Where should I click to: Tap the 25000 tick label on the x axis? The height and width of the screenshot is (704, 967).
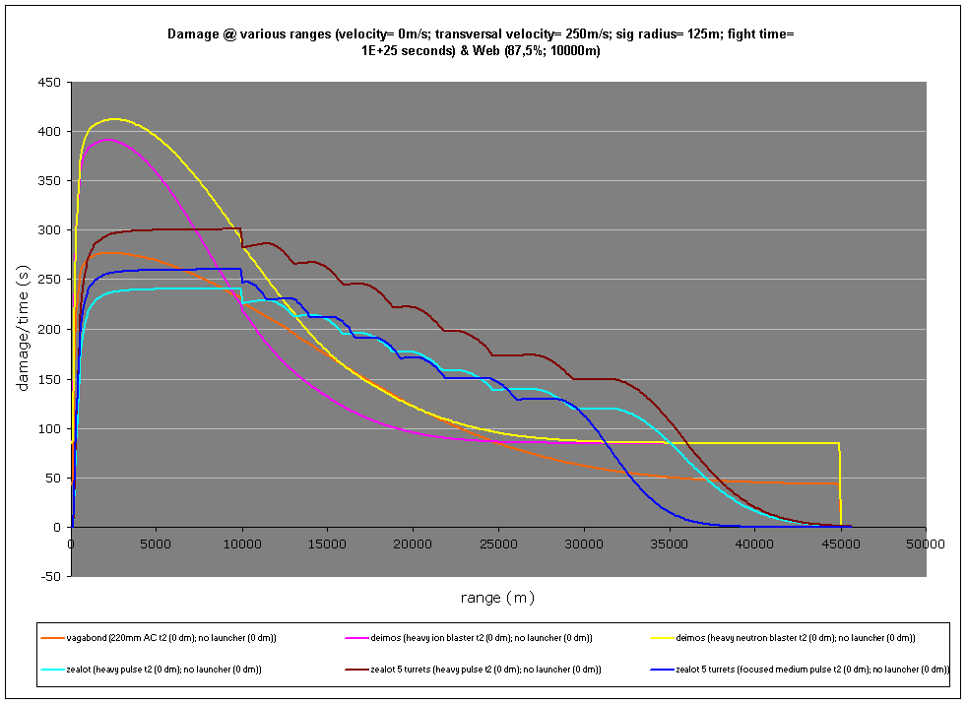tap(498, 544)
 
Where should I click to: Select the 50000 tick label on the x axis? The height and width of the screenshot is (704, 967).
tap(925, 544)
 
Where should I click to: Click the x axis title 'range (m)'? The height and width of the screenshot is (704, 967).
tap(497, 597)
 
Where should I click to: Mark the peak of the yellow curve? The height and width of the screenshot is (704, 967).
tap(114, 119)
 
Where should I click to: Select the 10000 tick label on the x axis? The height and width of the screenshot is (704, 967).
tap(242, 544)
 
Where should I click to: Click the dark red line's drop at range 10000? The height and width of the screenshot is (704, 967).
tap(242, 237)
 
